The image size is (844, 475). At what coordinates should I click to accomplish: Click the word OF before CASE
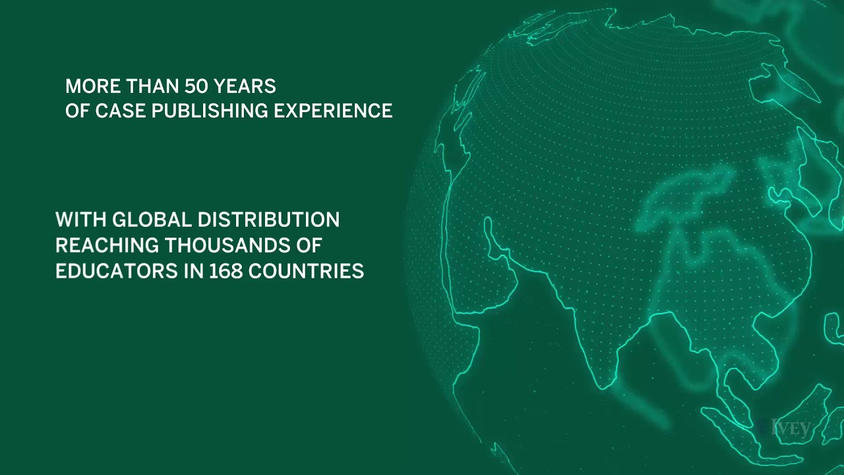[78, 111]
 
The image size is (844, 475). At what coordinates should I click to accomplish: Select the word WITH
[81, 219]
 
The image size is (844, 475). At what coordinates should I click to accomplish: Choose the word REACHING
[106, 245]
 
